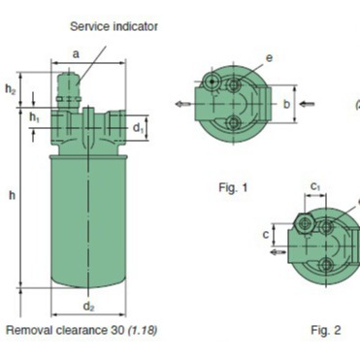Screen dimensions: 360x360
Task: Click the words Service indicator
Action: coord(114,26)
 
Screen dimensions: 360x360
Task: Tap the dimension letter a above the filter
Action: coord(76,54)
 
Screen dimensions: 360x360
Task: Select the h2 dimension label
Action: coord(10,88)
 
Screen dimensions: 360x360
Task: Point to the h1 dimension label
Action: coord(34,117)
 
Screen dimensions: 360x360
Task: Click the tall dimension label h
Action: coord(12,195)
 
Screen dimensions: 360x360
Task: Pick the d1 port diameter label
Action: coord(138,128)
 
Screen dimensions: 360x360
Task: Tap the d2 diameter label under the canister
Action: coord(88,306)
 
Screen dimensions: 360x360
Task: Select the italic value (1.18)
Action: coord(143,331)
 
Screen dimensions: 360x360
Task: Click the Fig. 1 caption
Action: coord(233,187)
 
